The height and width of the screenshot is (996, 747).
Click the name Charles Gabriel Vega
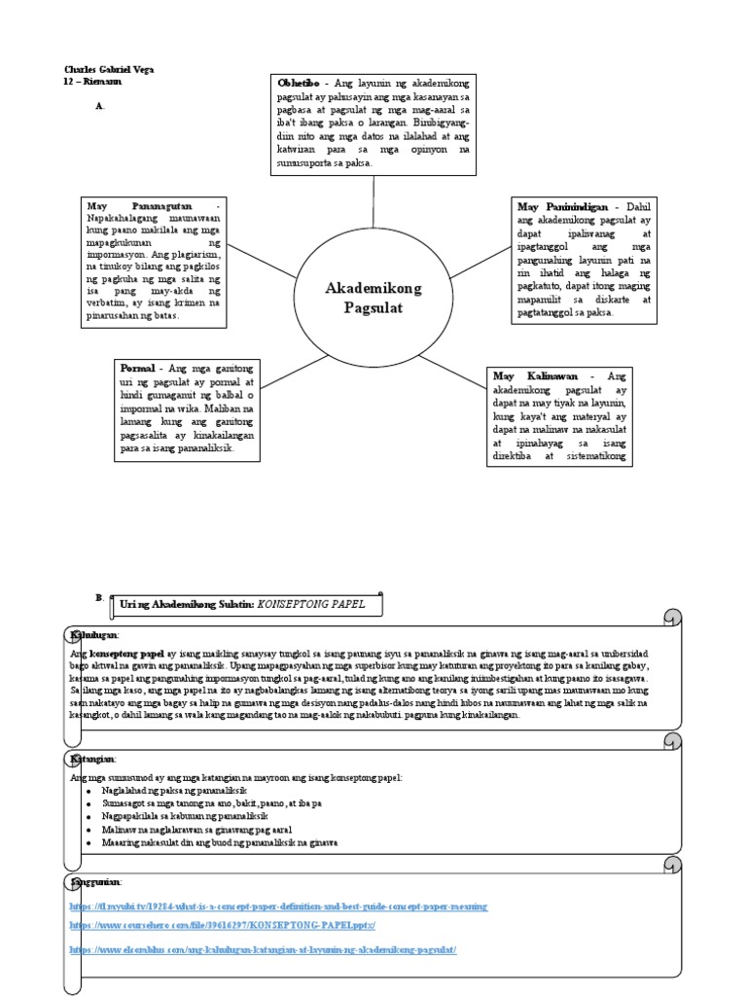pos(108,70)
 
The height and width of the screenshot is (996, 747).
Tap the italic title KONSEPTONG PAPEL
pos(311,604)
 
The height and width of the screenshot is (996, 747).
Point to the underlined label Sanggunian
pos(94,881)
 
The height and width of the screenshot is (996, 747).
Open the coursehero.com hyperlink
pos(222,926)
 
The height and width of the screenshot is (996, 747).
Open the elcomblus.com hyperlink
pos(263,948)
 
